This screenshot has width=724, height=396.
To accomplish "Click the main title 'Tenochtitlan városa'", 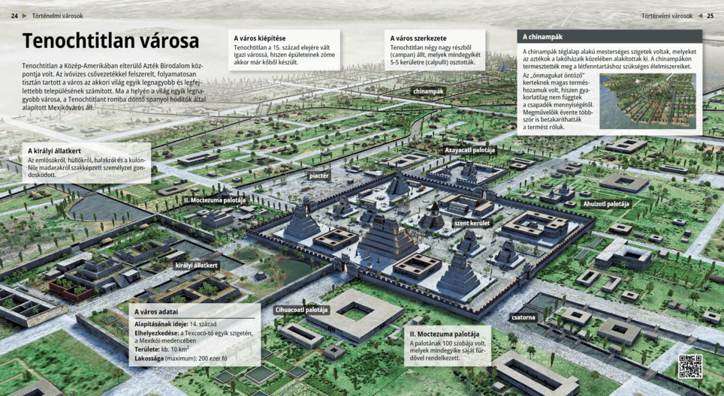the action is (x=110, y=41).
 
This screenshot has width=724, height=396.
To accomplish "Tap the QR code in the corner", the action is (x=690, y=366).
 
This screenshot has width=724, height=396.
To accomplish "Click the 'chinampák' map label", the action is (x=429, y=91).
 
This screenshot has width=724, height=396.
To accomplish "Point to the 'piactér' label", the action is (x=319, y=175).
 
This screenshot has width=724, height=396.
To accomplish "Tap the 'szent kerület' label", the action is (x=472, y=223).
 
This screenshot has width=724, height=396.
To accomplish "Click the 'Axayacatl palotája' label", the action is (x=470, y=150).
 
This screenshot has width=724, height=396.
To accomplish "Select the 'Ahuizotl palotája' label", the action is (x=608, y=203).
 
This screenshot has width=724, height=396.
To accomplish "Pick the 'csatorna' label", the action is (x=523, y=317).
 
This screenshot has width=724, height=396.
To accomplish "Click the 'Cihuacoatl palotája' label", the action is (x=302, y=309).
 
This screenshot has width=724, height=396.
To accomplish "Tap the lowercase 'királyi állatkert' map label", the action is (x=197, y=265).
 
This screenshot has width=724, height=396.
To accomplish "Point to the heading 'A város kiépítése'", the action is (x=259, y=37).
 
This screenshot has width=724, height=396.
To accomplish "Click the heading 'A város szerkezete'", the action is (x=418, y=37).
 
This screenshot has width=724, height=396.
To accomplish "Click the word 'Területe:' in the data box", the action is (x=150, y=349).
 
